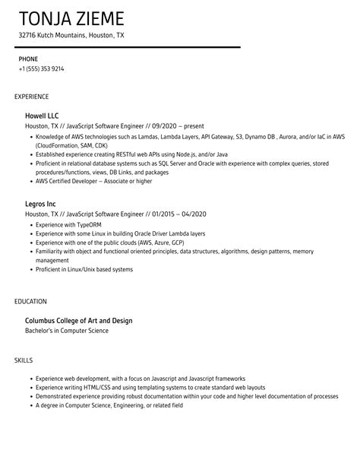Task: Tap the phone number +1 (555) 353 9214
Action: (41, 68)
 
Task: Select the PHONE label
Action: (29, 58)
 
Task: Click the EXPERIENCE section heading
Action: (32, 97)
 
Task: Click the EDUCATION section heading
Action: (30, 301)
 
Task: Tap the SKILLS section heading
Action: (24, 360)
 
